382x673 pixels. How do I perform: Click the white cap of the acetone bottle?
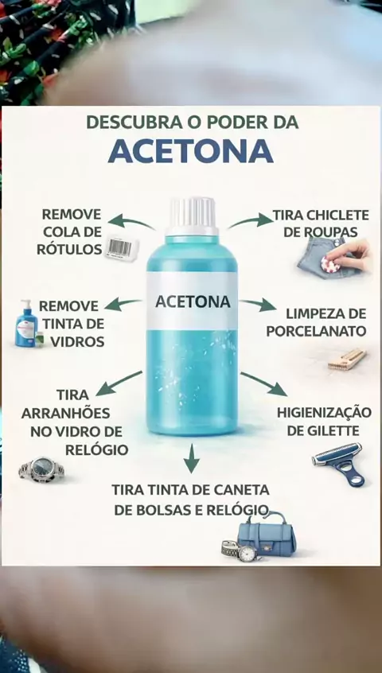[x=192, y=216]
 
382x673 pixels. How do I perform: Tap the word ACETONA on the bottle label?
[x=193, y=301]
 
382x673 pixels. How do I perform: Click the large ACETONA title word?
[x=190, y=150]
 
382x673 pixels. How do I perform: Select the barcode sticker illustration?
[x=121, y=247]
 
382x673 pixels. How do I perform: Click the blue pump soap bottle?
[x=26, y=324]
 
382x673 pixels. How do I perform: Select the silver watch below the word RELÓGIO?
[x=41, y=469]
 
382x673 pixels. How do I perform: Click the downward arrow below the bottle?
[x=192, y=458]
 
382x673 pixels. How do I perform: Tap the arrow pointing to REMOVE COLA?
[x=131, y=222]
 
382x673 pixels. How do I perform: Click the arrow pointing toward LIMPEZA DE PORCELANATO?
[x=258, y=305]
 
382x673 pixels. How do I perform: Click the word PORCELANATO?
[x=316, y=331]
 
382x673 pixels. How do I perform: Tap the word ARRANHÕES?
[x=66, y=413]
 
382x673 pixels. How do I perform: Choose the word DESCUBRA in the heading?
[x=134, y=123]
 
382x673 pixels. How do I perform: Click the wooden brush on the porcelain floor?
[x=347, y=360]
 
